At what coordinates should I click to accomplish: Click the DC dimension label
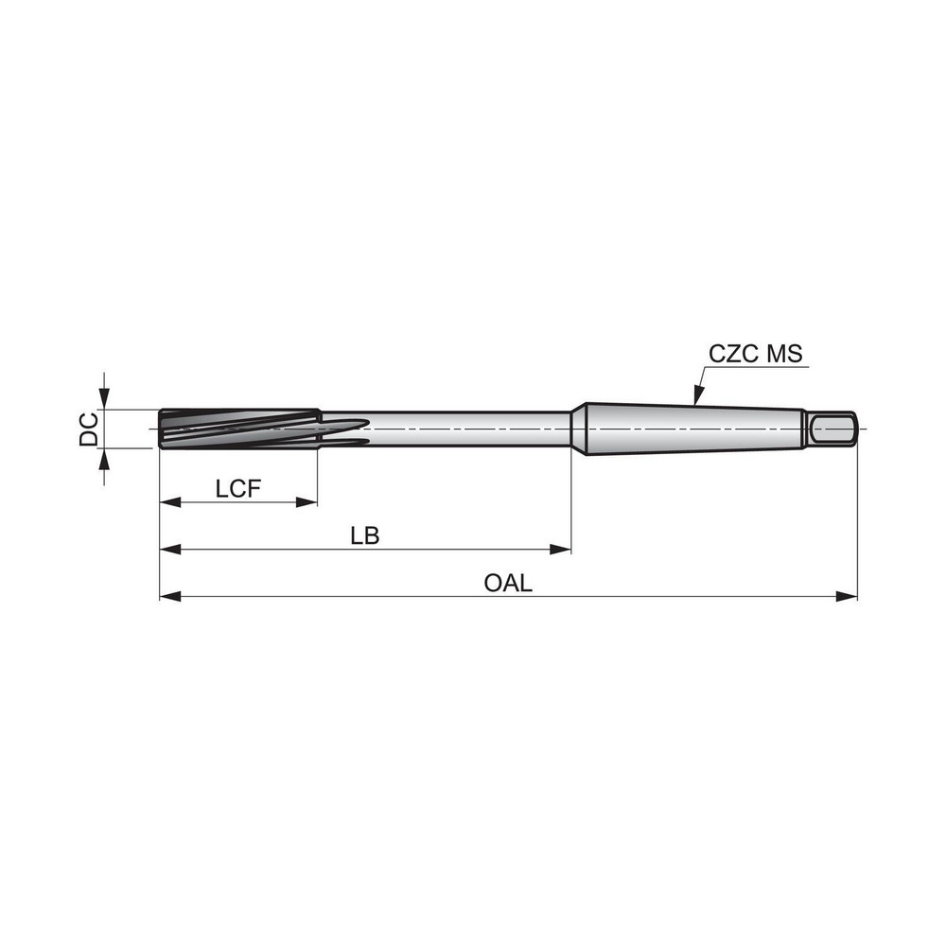pos(88,429)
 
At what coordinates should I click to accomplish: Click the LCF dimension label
pos(237,488)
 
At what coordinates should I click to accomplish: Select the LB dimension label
pos(364,535)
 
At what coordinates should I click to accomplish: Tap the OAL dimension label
pos(508,583)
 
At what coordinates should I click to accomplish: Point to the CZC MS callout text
pos(756,355)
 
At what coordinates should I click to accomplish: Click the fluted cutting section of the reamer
pos(236,428)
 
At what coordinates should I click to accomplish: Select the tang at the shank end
pos(832,429)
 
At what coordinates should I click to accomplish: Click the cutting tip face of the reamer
pos(161,429)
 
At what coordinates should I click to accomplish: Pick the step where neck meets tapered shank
pos(575,429)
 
